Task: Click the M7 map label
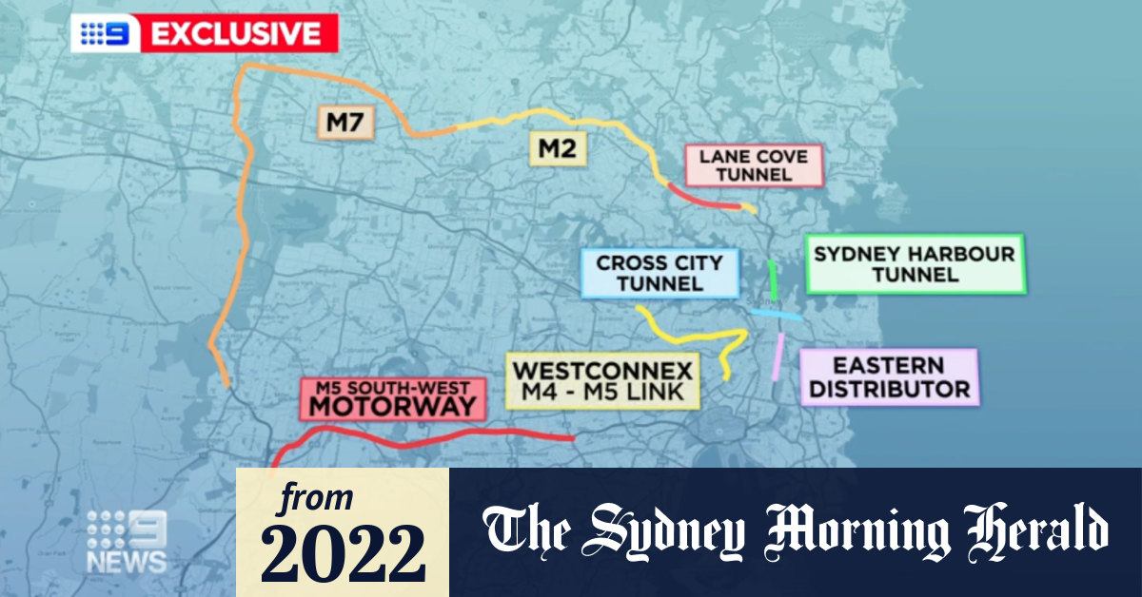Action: (x=346, y=123)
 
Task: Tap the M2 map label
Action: (x=560, y=148)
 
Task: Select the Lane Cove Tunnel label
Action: (x=753, y=165)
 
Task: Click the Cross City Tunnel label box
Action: (x=660, y=273)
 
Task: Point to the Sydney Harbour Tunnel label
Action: (x=914, y=264)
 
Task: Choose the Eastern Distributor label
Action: (x=889, y=377)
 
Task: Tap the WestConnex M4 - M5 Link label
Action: (x=603, y=380)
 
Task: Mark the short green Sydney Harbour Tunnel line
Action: (x=773, y=279)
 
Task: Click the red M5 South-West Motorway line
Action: (x=428, y=438)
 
